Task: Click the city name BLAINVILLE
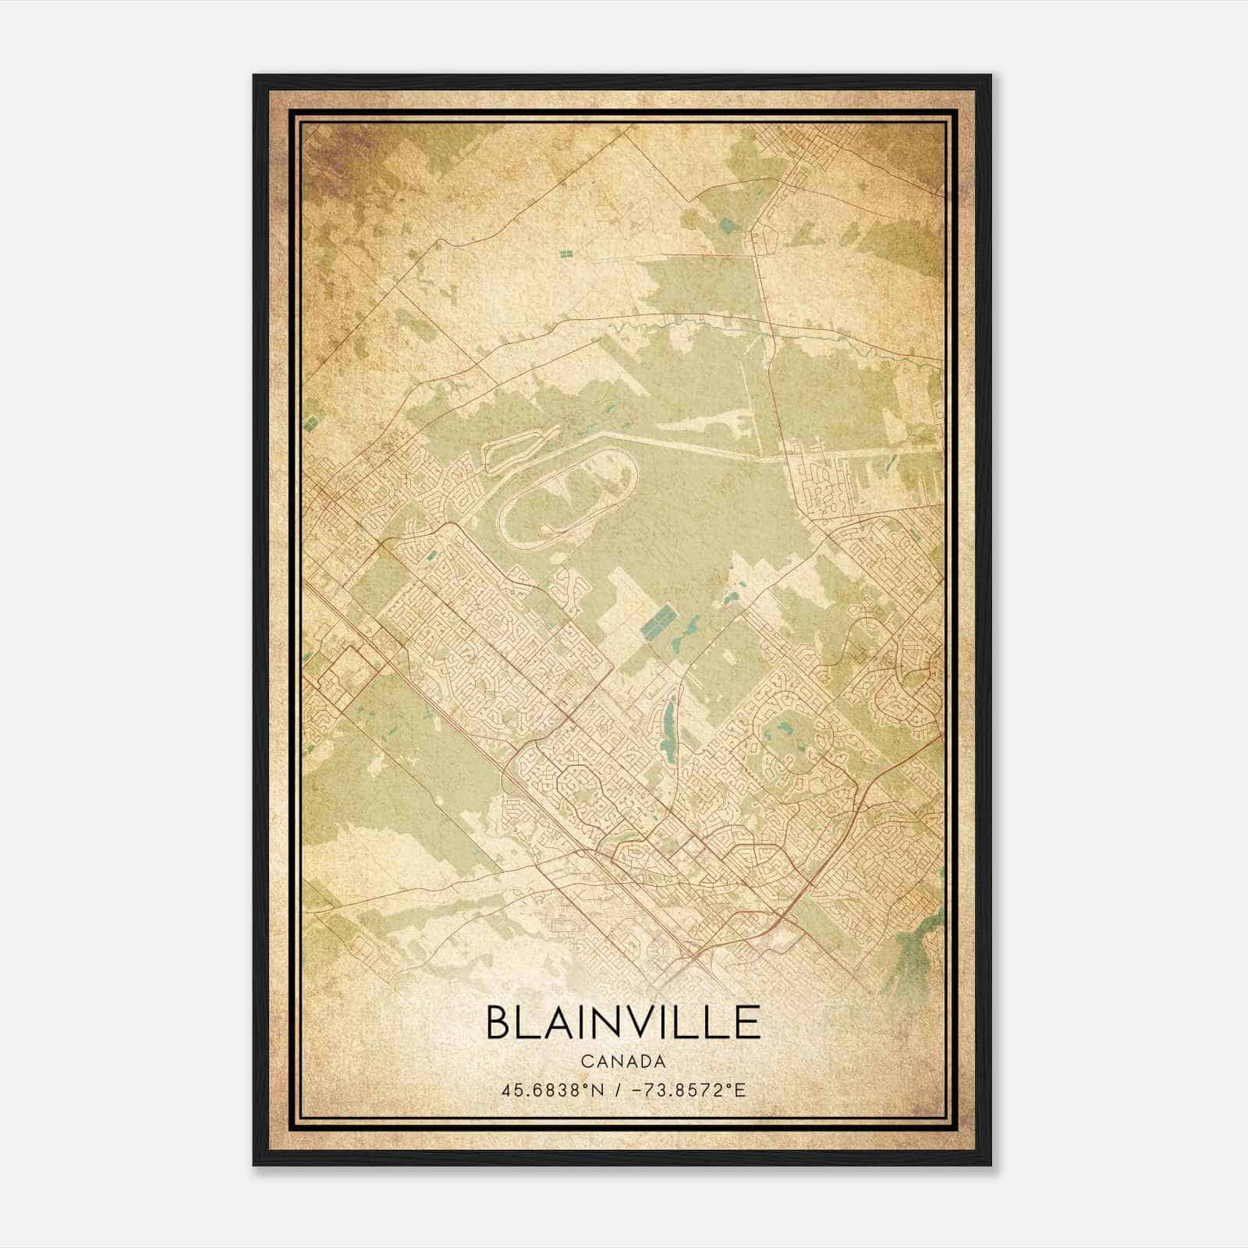pyautogui.click(x=623, y=1022)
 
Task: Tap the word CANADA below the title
pyautogui.click(x=623, y=1062)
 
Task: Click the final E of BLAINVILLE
pyautogui.click(x=748, y=1022)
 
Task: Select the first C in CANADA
pyautogui.click(x=587, y=1062)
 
